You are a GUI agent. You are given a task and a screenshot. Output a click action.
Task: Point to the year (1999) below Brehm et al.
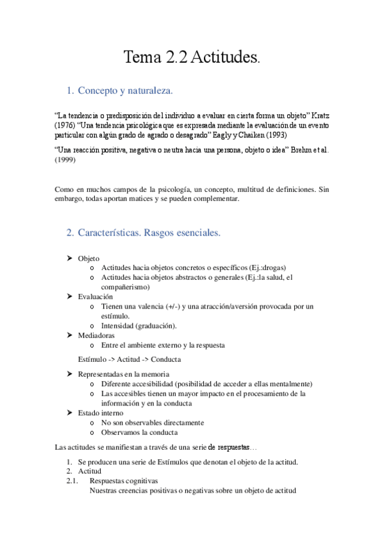pos(65,161)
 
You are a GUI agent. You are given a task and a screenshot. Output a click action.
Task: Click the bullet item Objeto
pos(88,258)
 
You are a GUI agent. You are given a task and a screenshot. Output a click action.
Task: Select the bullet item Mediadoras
pos(96,335)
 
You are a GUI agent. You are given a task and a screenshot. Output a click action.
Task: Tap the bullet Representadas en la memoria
pos(123,374)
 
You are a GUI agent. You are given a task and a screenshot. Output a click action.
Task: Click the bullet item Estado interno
pos(100,412)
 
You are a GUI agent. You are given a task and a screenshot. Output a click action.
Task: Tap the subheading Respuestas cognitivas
pos(124,480)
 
